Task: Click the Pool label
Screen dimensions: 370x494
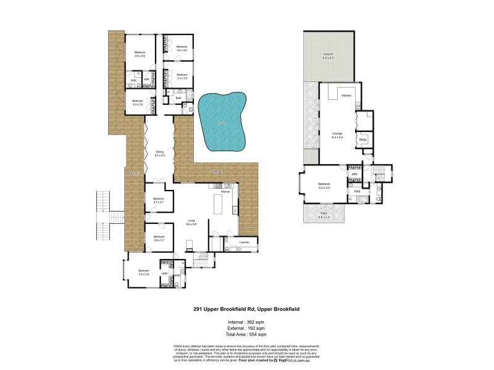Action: point(220,123)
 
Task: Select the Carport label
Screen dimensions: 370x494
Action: point(328,56)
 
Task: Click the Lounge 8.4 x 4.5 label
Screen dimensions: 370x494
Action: point(337,135)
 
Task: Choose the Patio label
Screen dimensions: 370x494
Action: point(324,215)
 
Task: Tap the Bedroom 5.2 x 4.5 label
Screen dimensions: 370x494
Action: point(324,185)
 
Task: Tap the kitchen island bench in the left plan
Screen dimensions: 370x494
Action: point(217,204)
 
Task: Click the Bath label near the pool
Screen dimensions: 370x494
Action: point(178,98)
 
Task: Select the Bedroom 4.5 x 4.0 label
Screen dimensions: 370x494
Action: point(144,272)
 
